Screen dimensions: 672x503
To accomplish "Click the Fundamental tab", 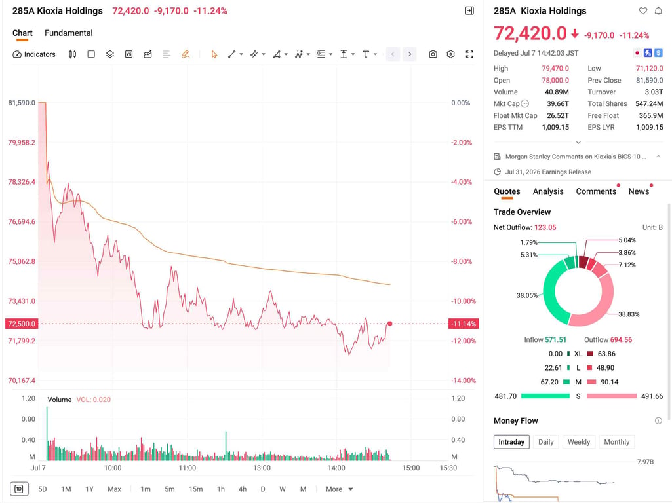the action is pyautogui.click(x=69, y=33).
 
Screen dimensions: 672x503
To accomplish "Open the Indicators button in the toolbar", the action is pyautogui.click(x=34, y=54).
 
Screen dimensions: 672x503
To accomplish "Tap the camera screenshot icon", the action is pyautogui.click(x=433, y=54).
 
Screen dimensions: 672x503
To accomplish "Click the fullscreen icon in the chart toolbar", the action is pyautogui.click(x=469, y=54).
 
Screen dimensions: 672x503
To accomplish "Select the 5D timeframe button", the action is pyautogui.click(x=43, y=489).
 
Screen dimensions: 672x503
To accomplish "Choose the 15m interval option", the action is pyautogui.click(x=196, y=489).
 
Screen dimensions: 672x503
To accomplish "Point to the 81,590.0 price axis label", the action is pyautogui.click(x=22, y=103).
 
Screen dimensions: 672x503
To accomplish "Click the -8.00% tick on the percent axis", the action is pyautogui.click(x=461, y=261).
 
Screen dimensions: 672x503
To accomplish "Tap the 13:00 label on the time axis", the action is pyautogui.click(x=262, y=468).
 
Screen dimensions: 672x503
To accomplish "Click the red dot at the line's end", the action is pyautogui.click(x=389, y=324).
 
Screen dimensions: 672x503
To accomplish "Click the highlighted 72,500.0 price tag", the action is pyautogui.click(x=22, y=324).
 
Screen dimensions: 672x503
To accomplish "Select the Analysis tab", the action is pyautogui.click(x=548, y=191).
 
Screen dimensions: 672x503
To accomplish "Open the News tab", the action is pyautogui.click(x=639, y=191).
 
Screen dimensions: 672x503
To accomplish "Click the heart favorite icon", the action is pyautogui.click(x=643, y=11).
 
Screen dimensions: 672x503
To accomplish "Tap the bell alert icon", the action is pyautogui.click(x=658, y=11).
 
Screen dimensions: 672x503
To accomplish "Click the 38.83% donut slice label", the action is pyautogui.click(x=629, y=314).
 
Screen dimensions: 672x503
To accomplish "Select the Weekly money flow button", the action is pyautogui.click(x=578, y=442).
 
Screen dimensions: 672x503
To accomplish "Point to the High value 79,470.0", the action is pyautogui.click(x=555, y=69).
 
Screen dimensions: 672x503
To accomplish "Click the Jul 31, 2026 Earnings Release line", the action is pyautogui.click(x=548, y=172).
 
